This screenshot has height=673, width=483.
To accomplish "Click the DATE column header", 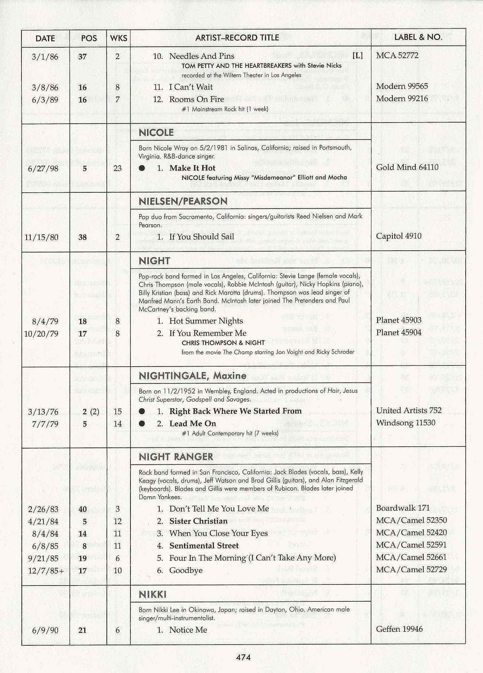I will pyautogui.click(x=45, y=38).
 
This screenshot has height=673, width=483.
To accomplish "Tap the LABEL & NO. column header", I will pyautogui.click(x=418, y=37).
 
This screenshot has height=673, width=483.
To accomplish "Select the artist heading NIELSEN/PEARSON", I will pyautogui.click(x=183, y=201).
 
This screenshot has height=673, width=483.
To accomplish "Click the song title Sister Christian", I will pyautogui.click(x=198, y=521).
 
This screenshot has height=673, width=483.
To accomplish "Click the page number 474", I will pyautogui.click(x=243, y=657).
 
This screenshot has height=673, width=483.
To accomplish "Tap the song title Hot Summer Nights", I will pyautogui.click(x=206, y=321).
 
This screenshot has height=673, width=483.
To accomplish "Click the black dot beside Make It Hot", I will pyautogui.click(x=142, y=168).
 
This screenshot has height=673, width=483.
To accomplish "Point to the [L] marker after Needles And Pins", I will pyautogui.click(x=357, y=56).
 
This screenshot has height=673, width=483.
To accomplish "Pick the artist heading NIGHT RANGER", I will pyautogui.click(x=176, y=457).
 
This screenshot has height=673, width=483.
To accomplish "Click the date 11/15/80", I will pyautogui.click(x=41, y=237).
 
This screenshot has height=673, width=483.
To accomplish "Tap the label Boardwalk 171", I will pyautogui.click(x=403, y=508).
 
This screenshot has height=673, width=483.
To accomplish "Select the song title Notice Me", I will pyautogui.click(x=188, y=630).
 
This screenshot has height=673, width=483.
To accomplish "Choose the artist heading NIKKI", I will pyautogui.click(x=153, y=594).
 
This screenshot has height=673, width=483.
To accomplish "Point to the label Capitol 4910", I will pyautogui.click(x=398, y=236).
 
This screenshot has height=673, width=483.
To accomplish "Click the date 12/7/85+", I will pyautogui.click(x=43, y=570).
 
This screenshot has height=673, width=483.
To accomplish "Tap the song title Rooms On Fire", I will pyautogui.click(x=197, y=99).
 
